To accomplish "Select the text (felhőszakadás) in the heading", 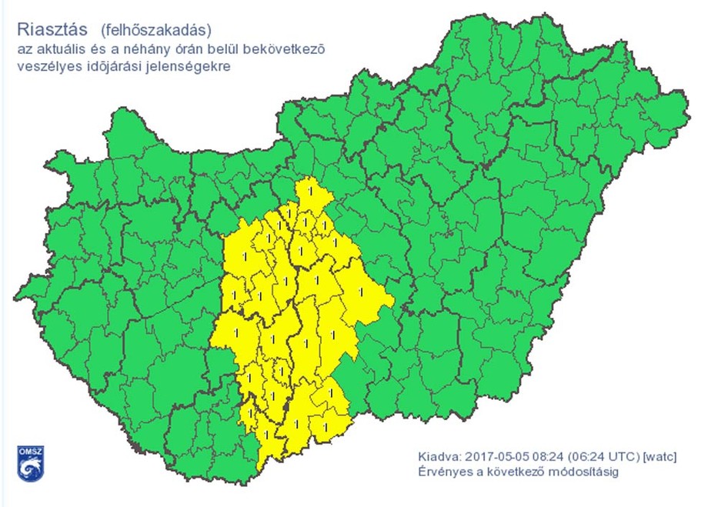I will point(155,31).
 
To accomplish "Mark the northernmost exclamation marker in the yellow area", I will point(310,188).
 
